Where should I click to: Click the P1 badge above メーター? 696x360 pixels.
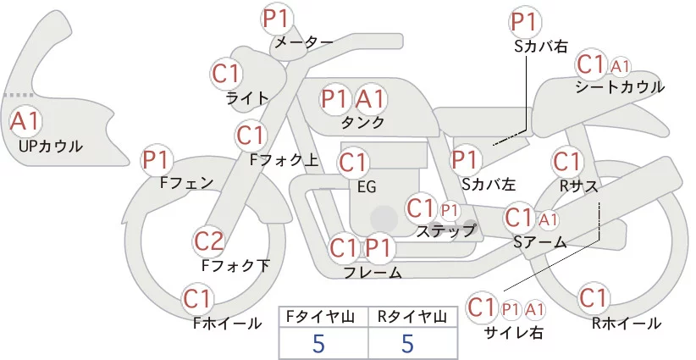(277, 18)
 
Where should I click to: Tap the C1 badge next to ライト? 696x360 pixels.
(226, 73)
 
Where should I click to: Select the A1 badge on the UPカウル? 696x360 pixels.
(25, 120)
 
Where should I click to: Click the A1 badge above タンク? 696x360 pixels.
(370, 98)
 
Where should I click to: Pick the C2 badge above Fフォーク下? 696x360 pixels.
(209, 242)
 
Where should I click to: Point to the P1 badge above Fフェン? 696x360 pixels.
(157, 159)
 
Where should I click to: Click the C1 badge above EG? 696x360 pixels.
(353, 162)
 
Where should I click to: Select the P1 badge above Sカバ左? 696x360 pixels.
(465, 158)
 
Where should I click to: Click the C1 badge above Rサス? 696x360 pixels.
(566, 161)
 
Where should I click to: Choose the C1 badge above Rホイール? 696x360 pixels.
(594, 298)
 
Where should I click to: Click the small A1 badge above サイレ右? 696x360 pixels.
(535, 309)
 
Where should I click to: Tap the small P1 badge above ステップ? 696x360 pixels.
(450, 209)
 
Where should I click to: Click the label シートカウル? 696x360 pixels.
(619, 87)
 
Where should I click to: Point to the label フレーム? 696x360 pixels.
(373, 273)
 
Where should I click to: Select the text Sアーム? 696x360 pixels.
(540, 242)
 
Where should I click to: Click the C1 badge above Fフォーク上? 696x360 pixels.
(251, 135)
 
